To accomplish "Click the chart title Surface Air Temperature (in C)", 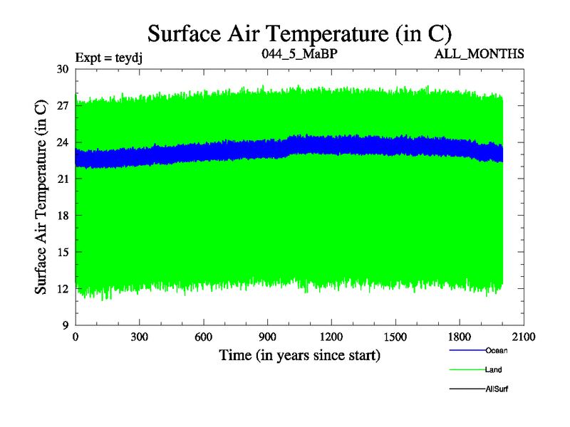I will click(300, 33).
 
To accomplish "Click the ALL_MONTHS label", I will click(484, 54).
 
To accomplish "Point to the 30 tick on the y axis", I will click(62, 69).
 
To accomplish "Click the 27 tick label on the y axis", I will click(62, 105).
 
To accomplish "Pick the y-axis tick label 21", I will click(62, 179).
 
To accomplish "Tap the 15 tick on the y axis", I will click(62, 252).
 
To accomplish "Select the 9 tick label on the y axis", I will click(65, 325).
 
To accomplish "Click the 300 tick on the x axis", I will click(140, 337).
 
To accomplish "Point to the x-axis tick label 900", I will click(268, 337).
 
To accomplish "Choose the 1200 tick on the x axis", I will click(331, 337).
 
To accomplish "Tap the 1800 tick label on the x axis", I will click(460, 337).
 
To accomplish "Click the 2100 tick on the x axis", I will click(524, 337).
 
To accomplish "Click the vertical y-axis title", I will click(41, 197).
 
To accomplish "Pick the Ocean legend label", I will click(497, 350).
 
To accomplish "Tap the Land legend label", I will click(494, 370).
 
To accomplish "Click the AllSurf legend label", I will click(497, 389).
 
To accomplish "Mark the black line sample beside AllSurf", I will click(467, 389).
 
